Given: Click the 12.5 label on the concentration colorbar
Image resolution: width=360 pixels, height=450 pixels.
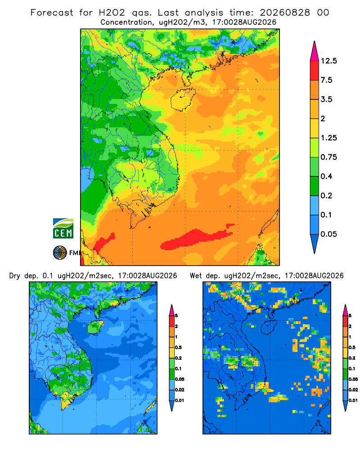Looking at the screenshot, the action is tap(328, 61).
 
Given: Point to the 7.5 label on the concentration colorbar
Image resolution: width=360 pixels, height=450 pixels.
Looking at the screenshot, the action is tap(326, 80).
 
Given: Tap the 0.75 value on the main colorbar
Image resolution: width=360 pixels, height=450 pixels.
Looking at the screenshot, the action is tap(328, 157).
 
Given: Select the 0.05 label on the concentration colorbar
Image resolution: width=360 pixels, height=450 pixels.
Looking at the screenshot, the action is tap(328, 234).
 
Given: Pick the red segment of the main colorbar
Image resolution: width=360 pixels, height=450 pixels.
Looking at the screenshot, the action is tap(315, 71).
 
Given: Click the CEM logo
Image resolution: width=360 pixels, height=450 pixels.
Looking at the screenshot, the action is tap(63, 229).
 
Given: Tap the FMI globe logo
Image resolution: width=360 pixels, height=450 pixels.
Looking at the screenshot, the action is tap(60, 253).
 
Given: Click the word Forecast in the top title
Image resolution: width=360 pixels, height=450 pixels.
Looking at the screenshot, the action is tap(52, 13).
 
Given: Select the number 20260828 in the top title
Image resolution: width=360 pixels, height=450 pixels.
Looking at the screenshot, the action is tap(285, 13).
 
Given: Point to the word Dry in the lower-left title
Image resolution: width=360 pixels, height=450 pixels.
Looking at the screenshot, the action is tap(15, 276).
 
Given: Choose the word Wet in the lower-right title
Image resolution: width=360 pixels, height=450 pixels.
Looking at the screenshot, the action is tap(196, 276).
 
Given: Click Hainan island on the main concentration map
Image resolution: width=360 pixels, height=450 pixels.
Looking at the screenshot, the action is tap(183, 99).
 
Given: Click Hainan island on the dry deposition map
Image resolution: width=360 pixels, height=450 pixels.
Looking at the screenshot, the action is tap(95, 327).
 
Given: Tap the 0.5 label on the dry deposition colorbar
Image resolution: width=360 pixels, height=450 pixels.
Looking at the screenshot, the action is tap(178, 347).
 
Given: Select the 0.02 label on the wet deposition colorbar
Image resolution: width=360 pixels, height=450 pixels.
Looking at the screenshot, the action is tap(353, 390).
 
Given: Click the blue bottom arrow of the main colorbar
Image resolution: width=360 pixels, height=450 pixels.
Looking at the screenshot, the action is tap(315, 243).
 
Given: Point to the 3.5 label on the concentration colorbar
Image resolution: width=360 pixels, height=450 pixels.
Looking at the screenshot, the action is tap(326, 99).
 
